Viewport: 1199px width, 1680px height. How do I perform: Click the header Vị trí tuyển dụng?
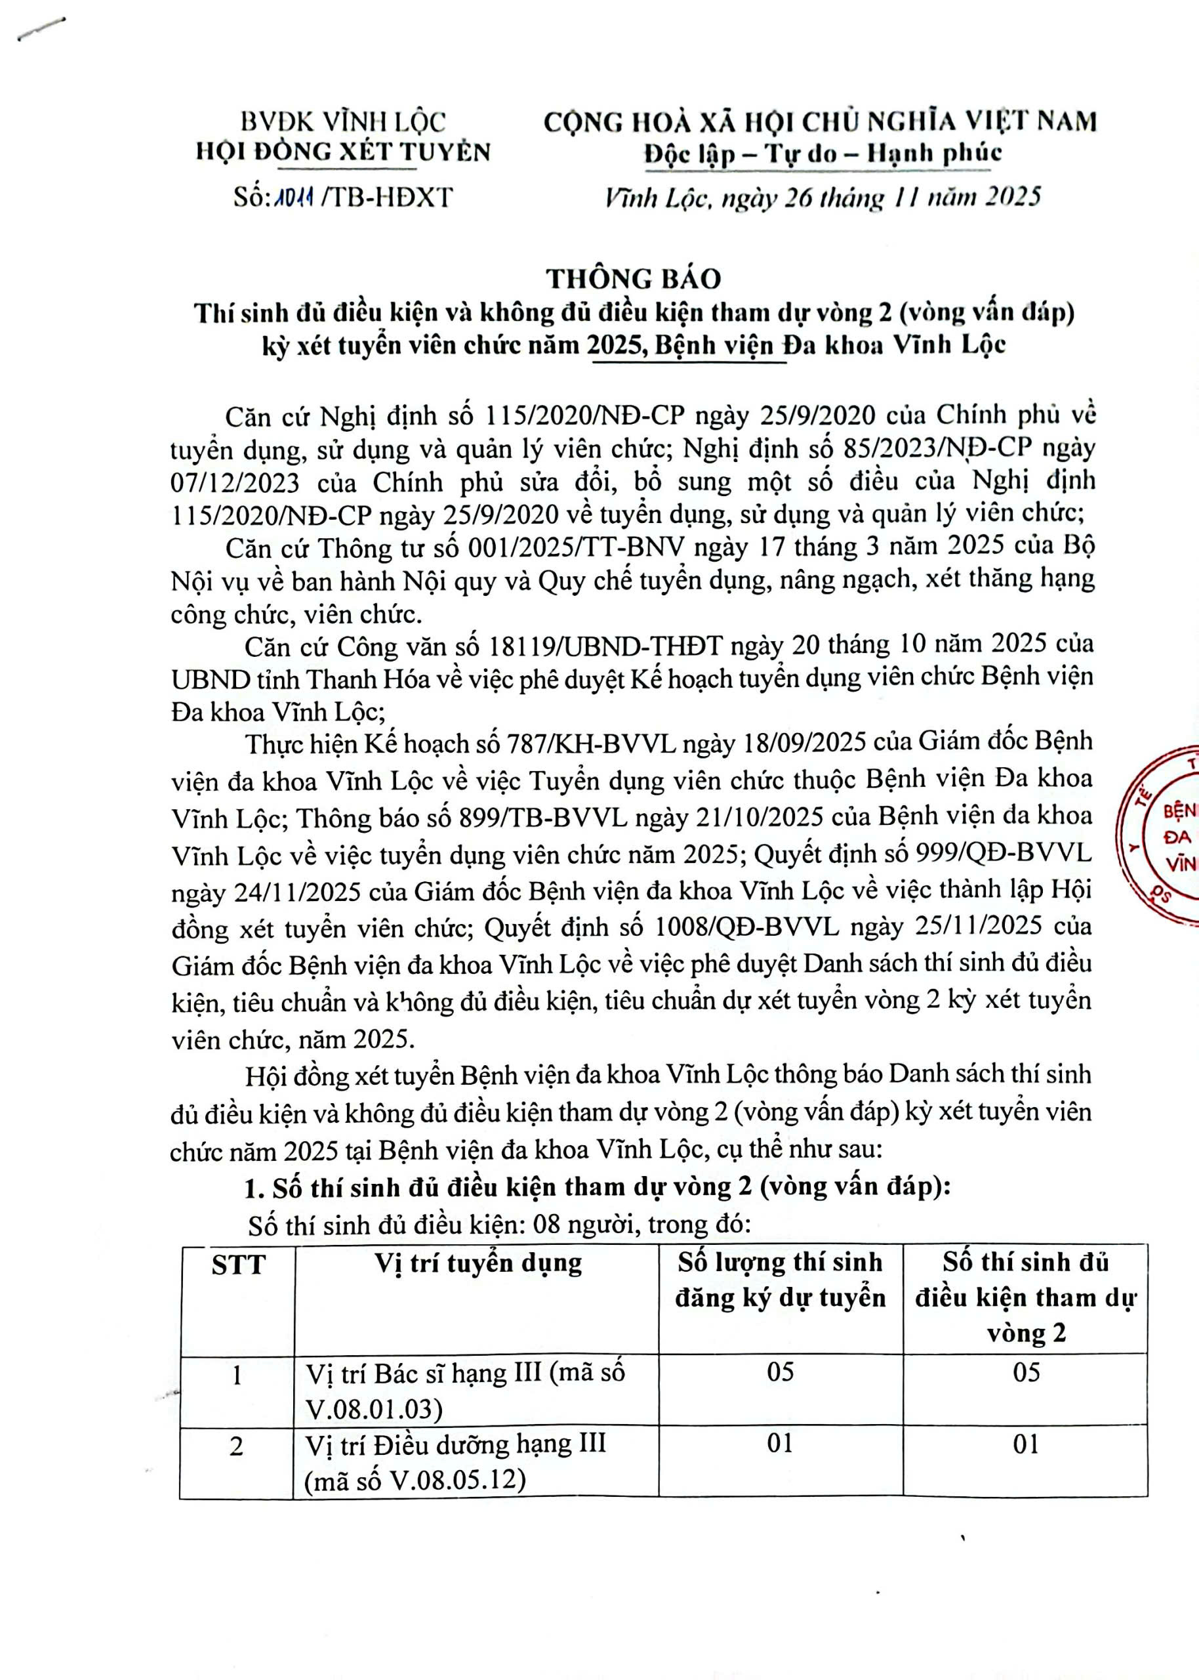coord(478,1263)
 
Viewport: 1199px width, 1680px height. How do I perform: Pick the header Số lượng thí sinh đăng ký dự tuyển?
coord(780,1280)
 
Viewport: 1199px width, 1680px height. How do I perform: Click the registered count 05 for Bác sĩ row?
coord(780,1372)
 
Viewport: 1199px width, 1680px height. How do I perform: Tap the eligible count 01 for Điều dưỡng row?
coord(1025,1444)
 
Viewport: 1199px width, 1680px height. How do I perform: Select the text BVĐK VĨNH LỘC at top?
coord(344,121)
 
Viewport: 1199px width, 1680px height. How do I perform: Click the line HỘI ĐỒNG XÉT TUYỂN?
coord(343,152)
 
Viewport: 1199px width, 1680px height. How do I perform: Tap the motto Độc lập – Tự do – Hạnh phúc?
coord(823,154)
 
